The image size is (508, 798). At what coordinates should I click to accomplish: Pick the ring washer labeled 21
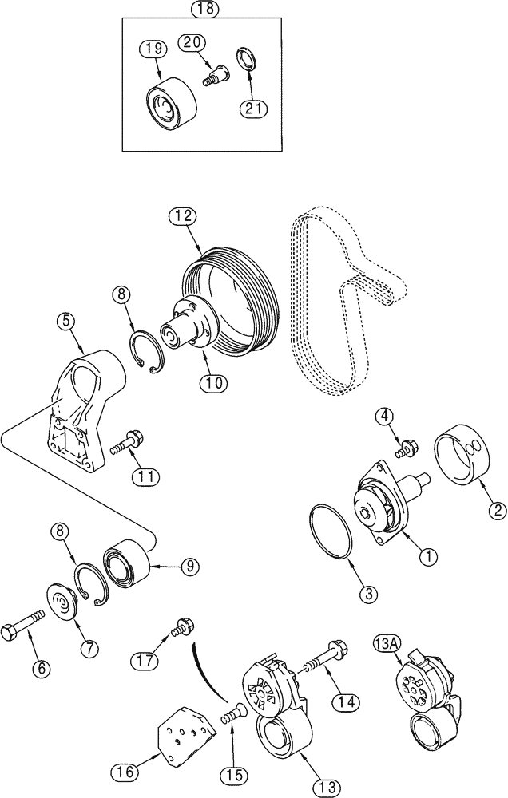246,58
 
